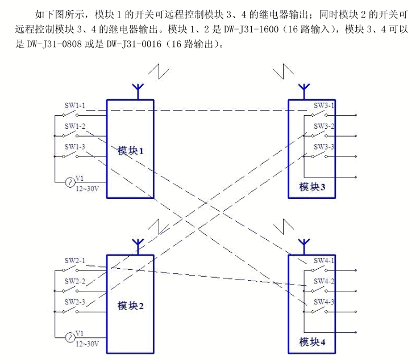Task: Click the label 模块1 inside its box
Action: tap(131, 151)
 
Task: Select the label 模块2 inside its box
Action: tap(131, 306)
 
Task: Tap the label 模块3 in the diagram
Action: tap(312, 187)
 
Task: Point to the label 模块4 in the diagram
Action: tap(312, 342)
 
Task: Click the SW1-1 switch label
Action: tap(74, 105)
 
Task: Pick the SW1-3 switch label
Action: tap(74, 147)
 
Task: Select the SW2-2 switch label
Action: tap(74, 281)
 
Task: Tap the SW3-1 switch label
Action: tap(325, 105)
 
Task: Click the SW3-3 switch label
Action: tap(325, 147)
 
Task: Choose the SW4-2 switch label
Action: tap(325, 281)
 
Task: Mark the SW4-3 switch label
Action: tap(325, 302)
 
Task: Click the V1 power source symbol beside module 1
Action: tap(69, 182)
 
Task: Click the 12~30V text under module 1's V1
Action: tap(88, 189)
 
